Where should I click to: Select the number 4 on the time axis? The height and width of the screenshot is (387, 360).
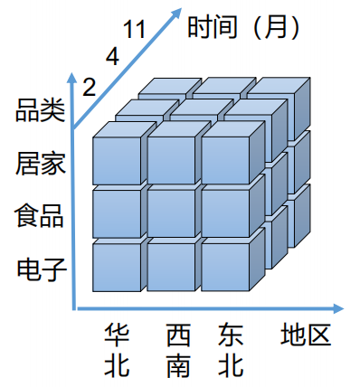coord(112,56)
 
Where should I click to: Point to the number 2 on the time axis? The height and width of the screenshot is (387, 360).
coord(89,86)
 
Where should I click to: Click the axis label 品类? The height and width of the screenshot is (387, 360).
coord(40,113)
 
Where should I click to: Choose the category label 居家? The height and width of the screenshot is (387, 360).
coord(40,165)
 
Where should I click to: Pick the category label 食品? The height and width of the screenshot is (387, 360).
coord(40,217)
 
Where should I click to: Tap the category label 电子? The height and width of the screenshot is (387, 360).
coord(40,269)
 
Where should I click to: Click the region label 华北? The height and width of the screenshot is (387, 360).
coord(118,351)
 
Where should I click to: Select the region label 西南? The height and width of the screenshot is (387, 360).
coord(178,351)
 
